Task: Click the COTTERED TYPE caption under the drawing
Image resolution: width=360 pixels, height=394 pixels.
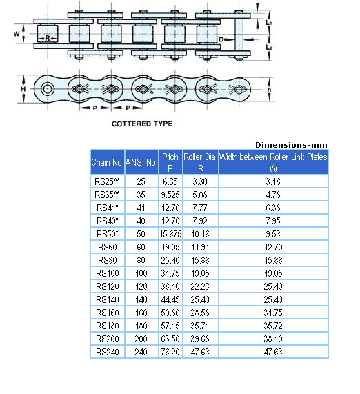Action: point(142,124)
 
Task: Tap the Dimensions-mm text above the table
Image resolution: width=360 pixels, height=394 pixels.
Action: point(291,144)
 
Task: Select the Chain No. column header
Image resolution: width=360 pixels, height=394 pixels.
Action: point(107,163)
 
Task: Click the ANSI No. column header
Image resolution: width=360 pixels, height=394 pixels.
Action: point(141,163)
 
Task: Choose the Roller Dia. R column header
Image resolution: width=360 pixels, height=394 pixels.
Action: point(200,163)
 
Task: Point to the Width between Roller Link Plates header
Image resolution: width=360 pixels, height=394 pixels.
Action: point(273,163)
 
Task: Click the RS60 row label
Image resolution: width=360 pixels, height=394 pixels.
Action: point(107,246)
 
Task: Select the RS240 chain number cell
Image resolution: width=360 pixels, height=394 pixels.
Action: point(107,351)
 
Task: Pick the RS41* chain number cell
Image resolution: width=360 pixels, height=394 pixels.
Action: point(107,207)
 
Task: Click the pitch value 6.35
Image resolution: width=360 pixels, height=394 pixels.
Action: point(170,181)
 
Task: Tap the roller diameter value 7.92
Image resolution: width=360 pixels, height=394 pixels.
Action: point(200,220)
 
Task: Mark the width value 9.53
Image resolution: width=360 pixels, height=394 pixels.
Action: point(273,233)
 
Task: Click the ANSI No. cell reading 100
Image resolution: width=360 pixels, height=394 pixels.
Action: point(141,273)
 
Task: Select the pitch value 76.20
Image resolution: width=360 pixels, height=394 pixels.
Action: point(170,351)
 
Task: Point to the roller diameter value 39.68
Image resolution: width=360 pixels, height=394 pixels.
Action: point(200,338)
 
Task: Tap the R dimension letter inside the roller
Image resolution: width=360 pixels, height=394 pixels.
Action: point(46,37)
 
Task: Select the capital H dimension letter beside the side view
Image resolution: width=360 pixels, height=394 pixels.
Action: point(22,89)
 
